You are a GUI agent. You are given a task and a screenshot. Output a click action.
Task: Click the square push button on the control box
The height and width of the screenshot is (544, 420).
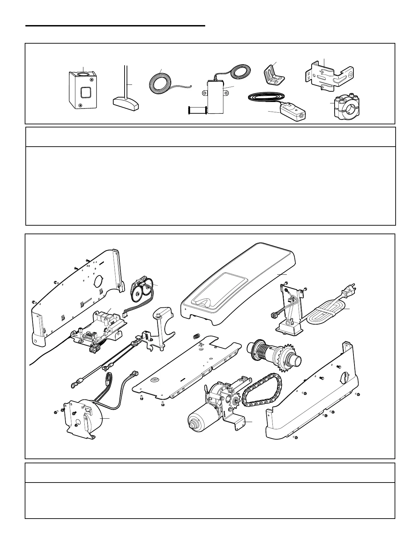click(85, 93)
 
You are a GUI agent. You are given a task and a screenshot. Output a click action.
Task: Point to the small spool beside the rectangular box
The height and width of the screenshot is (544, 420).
click(197, 110)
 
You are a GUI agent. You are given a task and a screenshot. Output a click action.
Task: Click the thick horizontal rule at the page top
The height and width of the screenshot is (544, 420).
click(115, 25)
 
